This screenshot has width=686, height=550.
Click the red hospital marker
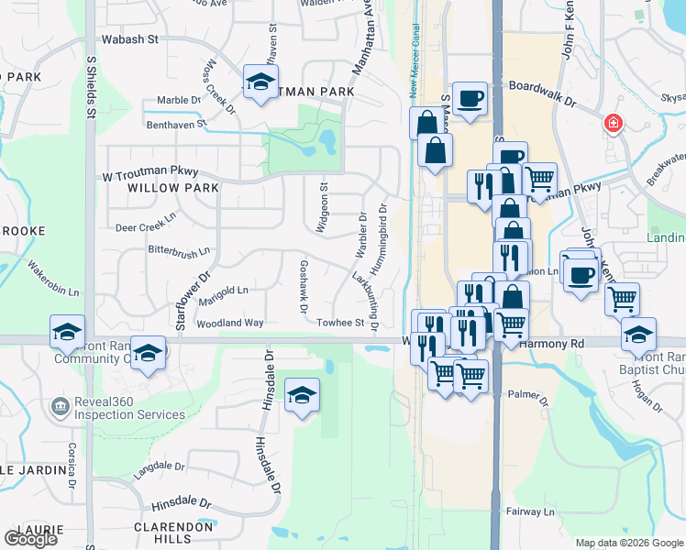[x=612, y=124]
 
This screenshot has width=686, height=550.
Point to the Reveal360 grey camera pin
[x=60, y=405]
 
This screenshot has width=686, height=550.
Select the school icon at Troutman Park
[x=260, y=82]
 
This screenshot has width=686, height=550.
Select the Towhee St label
[x=341, y=323]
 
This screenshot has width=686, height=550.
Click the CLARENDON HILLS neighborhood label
[x=174, y=533]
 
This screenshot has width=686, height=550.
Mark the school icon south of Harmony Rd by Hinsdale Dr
[x=302, y=395]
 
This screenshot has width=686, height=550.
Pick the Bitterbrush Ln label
[x=180, y=249]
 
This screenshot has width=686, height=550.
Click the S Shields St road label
[x=91, y=86]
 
